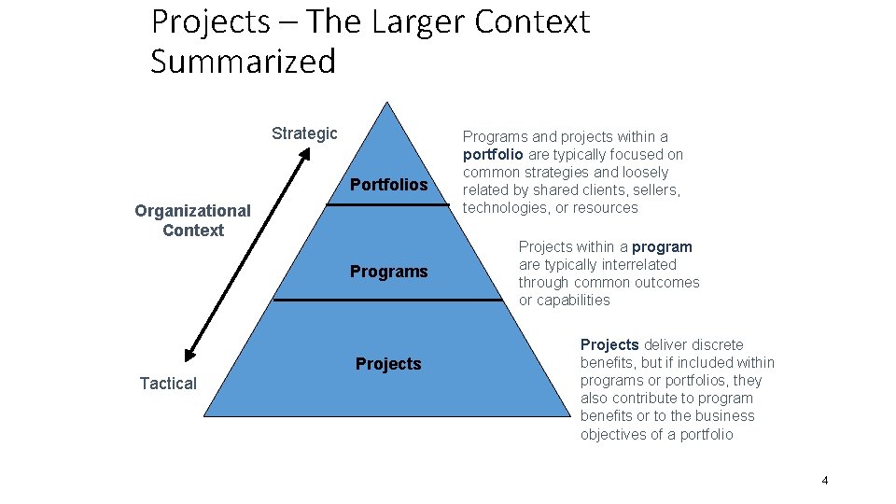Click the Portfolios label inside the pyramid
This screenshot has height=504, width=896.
click(x=388, y=185)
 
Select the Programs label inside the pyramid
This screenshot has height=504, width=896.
click(x=388, y=272)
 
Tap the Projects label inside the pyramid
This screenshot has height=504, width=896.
click(x=388, y=364)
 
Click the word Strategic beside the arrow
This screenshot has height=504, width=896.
click(x=304, y=133)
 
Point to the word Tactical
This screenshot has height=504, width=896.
click(x=168, y=384)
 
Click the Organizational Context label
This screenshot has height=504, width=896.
click(x=192, y=220)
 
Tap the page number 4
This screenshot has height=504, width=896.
click(x=825, y=481)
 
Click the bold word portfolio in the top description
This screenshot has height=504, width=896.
click(x=493, y=155)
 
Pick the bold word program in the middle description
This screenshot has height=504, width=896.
click(x=662, y=247)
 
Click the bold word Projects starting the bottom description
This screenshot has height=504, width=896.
click(x=609, y=345)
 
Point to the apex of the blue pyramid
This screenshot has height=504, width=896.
click(x=387, y=105)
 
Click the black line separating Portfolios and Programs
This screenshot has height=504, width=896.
click(x=387, y=204)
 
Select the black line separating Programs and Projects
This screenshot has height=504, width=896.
click(x=387, y=300)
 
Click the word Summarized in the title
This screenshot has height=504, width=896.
click(x=243, y=62)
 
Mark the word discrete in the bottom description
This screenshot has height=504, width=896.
click(x=717, y=345)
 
